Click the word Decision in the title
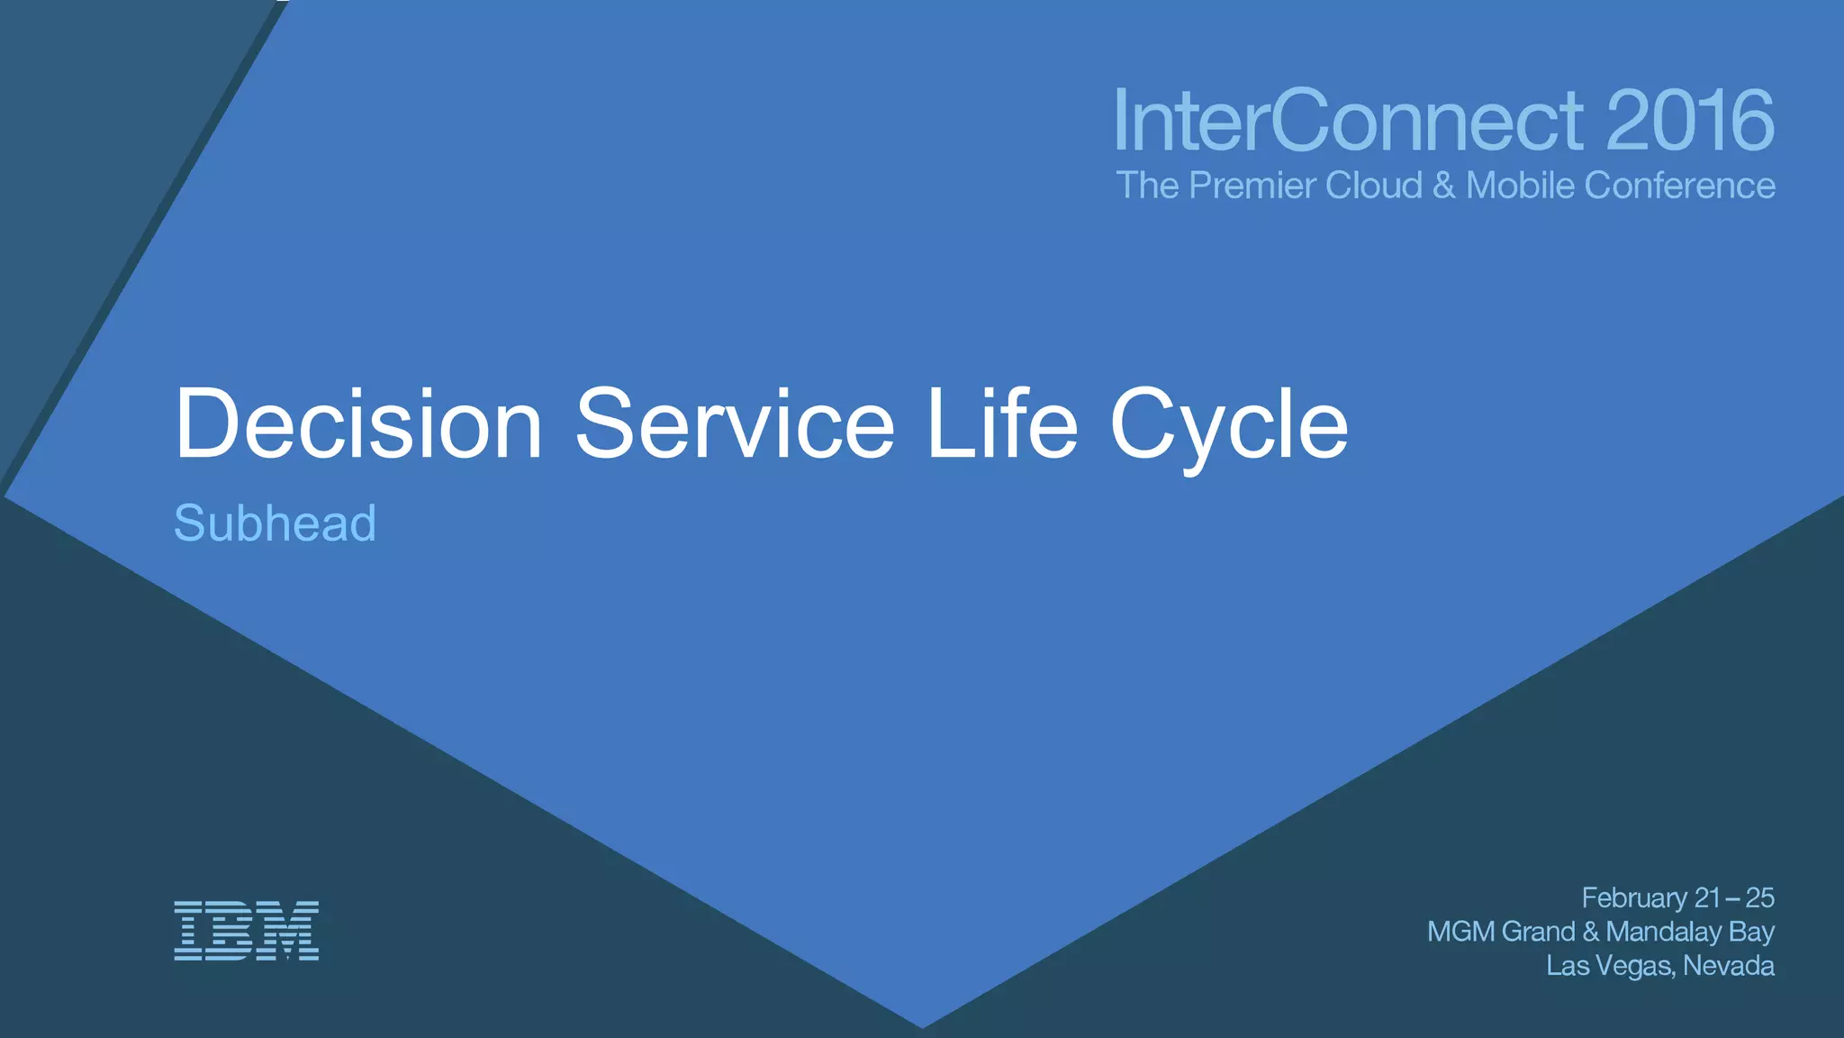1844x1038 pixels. tap(358, 423)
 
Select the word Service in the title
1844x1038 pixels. tap(735, 423)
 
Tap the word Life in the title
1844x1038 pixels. tap(1001, 423)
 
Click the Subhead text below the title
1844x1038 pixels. tap(275, 523)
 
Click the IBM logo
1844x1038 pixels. tap(246, 931)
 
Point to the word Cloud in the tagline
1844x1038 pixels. tap(1374, 186)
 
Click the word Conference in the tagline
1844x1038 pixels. tap(1679, 186)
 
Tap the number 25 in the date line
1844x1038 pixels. tap(1759, 898)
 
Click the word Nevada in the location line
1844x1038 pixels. tap(1729, 966)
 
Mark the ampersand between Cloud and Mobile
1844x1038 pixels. tap(1444, 186)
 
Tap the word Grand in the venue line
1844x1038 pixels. tap(1539, 932)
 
